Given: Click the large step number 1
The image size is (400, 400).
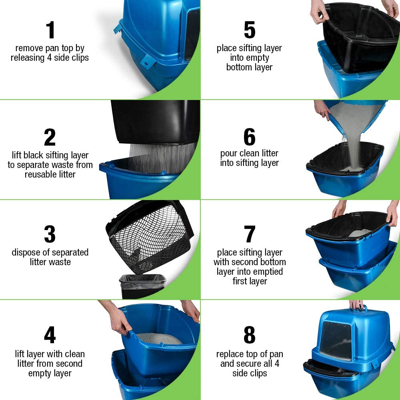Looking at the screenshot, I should (x=50, y=31).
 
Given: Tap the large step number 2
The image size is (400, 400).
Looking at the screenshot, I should (x=50, y=138).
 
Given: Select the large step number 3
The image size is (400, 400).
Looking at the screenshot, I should (x=50, y=234).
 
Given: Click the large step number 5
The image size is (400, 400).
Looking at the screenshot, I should (x=249, y=31).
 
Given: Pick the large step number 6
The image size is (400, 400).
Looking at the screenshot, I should (x=249, y=137).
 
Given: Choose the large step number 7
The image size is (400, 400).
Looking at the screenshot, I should (x=250, y=235).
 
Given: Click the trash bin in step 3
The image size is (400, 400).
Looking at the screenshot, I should (x=142, y=286).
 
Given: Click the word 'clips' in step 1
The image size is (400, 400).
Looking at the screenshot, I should (x=78, y=58).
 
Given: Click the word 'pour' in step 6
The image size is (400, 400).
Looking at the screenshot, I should (x=228, y=154).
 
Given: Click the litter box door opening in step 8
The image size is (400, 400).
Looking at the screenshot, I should (x=335, y=340).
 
